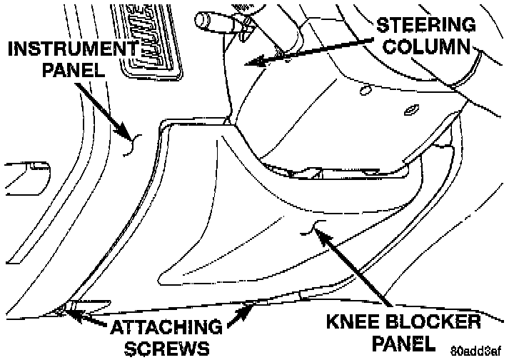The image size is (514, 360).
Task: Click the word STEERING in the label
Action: click(x=427, y=24)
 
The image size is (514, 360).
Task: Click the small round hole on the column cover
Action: click(x=365, y=90)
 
